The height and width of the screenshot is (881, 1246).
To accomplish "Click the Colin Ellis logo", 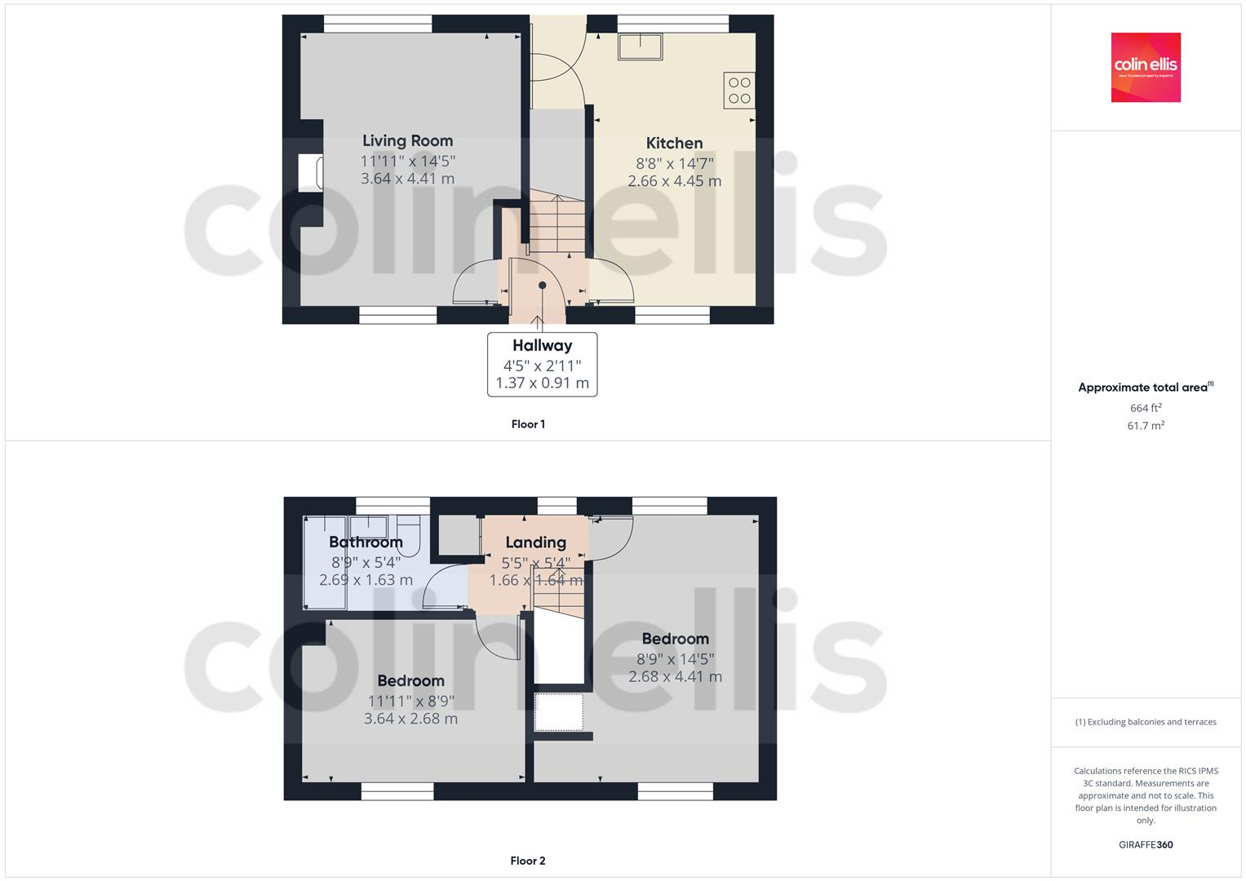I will pyautogui.click(x=1145, y=67).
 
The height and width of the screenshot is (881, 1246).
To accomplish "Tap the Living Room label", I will pyautogui.click(x=407, y=141).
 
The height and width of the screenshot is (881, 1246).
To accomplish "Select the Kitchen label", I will pyautogui.click(x=674, y=144).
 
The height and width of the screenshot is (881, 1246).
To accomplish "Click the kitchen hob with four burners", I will pyautogui.click(x=739, y=91).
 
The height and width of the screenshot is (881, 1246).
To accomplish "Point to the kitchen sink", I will pyautogui.click(x=641, y=46).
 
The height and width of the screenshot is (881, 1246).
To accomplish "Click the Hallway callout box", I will pyautogui.click(x=542, y=364).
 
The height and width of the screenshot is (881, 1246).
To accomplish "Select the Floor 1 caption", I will pyautogui.click(x=528, y=424).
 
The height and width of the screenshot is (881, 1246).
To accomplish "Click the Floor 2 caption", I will pyautogui.click(x=528, y=861).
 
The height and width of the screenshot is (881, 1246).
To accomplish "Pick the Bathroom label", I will pyautogui.click(x=366, y=542).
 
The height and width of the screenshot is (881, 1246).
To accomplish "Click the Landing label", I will pyautogui.click(x=535, y=542).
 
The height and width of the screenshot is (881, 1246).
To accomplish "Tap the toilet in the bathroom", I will pyautogui.click(x=410, y=537).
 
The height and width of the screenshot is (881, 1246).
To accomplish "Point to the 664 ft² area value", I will pyautogui.click(x=1146, y=408).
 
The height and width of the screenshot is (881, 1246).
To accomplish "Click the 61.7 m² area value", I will pyautogui.click(x=1146, y=426).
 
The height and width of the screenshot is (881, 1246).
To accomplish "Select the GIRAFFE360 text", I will pyautogui.click(x=1146, y=845).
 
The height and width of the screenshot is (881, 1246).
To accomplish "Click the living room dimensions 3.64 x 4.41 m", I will pyautogui.click(x=407, y=179).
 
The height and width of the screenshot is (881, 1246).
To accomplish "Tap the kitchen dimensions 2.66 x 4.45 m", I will pyautogui.click(x=674, y=181).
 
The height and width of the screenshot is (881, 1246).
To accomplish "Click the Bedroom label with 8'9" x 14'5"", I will pyautogui.click(x=675, y=639).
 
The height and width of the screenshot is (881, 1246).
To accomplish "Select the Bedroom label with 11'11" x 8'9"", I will pyautogui.click(x=410, y=681).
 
